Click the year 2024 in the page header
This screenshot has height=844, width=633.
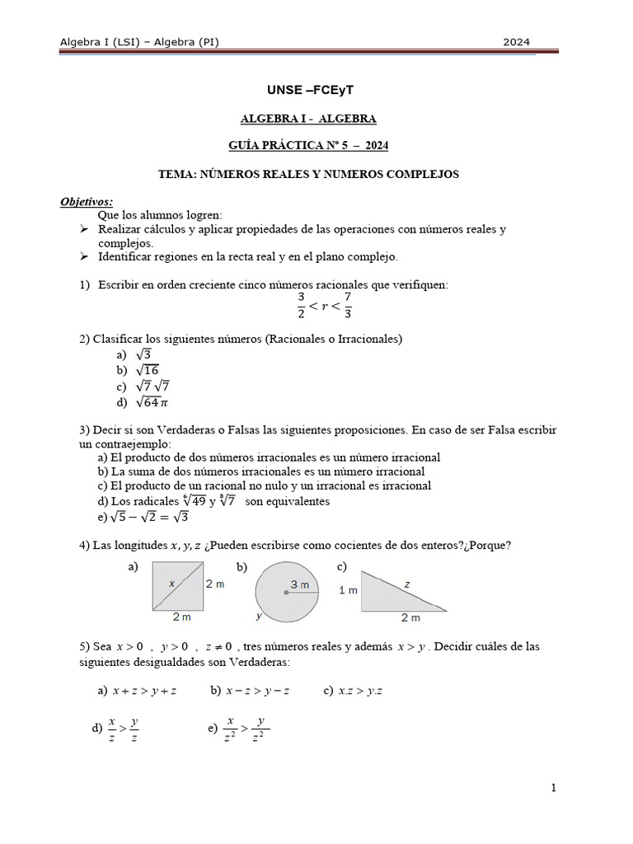coord(517,42)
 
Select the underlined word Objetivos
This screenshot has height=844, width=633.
coord(87,202)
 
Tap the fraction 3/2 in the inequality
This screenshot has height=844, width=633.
coord(301,304)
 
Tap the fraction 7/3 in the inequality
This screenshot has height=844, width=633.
coord(348,304)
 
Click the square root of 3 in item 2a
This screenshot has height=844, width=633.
coord(143,354)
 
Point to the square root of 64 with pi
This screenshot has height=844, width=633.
coord(152,402)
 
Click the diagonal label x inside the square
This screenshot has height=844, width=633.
coord(171,583)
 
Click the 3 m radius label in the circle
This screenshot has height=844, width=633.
coord(299,584)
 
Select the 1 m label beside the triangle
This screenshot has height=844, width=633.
coord(349,590)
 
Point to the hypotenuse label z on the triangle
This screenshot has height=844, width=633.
coord(406,584)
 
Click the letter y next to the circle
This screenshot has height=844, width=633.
coord(259,615)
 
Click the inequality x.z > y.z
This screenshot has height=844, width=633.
coord(360,691)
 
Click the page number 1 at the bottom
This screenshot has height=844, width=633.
coord(554,788)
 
